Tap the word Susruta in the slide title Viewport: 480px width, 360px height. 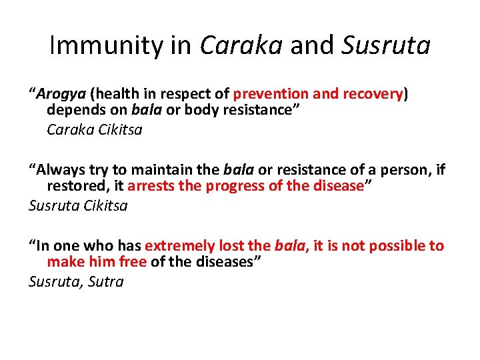point(386,45)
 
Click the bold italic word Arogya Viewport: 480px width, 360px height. point(62,93)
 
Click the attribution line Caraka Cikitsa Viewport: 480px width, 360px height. point(94,129)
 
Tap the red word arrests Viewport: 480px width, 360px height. point(152,187)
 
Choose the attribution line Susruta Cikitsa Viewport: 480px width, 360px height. point(78,205)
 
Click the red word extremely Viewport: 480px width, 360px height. point(177,245)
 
